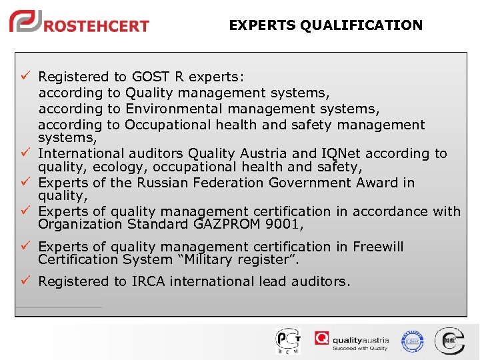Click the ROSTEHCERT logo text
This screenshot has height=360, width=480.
pyautogui.click(x=97, y=26)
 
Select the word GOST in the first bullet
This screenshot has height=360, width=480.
pyautogui.click(x=151, y=77)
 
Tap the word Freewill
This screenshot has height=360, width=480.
pyautogui.click(x=378, y=247)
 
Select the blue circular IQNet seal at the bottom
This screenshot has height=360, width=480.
pyautogui.click(x=412, y=341)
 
